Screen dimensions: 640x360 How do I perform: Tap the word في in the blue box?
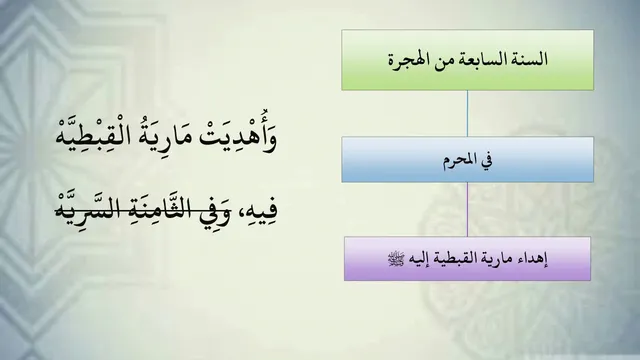(x=486, y=160)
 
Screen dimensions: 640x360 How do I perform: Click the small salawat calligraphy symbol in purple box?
(x=396, y=259)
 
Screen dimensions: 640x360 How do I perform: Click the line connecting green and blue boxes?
(x=467, y=113)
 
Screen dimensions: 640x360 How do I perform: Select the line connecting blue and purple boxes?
(x=467, y=209)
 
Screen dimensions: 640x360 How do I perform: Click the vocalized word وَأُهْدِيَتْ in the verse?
(x=238, y=135)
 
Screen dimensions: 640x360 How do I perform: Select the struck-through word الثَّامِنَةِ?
(x=154, y=207)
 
